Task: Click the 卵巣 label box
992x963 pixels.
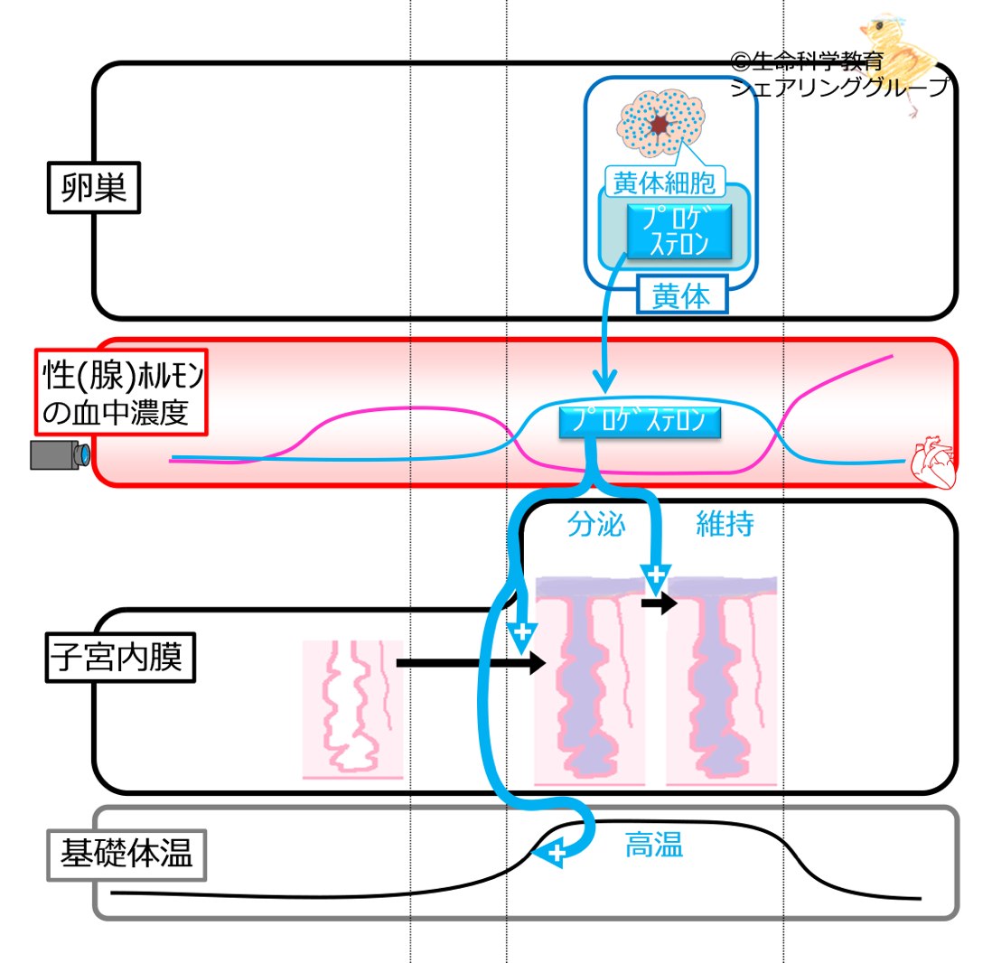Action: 94,187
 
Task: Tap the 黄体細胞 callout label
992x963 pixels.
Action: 664,182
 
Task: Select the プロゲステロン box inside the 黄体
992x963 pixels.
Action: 678,231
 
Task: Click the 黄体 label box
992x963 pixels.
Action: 681,295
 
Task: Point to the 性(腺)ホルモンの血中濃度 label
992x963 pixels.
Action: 121,392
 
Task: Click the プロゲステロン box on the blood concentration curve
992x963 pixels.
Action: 640,421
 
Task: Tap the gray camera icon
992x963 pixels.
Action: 61,455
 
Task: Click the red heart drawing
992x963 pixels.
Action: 933,462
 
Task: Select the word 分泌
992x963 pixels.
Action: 596,525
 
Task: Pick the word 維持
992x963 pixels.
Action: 725,524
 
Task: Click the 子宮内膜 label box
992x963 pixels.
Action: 120,657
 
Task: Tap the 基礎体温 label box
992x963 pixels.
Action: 126,855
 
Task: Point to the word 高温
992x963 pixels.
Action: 653,845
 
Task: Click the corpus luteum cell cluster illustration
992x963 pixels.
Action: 661,123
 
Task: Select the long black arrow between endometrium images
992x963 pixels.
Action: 471,662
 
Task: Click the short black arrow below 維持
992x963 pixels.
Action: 660,603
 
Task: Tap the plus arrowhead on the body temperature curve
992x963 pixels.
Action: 555,855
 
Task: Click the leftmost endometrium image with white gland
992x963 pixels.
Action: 352,708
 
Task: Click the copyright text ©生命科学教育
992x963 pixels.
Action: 807,61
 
